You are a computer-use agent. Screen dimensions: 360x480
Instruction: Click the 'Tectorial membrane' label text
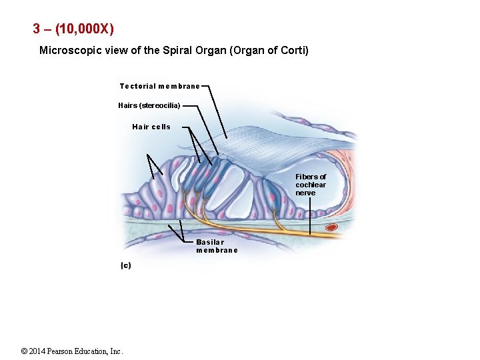point(159,86)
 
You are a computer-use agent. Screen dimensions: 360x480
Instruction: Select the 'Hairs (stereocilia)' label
point(149,105)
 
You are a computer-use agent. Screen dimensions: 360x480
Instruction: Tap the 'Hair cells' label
point(151,127)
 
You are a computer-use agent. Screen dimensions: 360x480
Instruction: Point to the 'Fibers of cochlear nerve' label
point(311,185)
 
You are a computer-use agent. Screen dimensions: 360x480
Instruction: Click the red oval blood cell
point(331,227)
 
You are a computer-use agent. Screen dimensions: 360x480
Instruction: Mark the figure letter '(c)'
point(126,265)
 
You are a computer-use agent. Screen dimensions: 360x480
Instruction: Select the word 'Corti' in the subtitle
point(291,50)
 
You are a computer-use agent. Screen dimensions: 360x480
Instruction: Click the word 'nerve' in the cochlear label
point(306,193)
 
